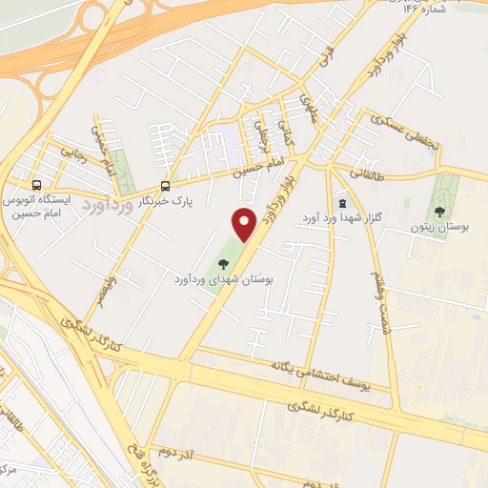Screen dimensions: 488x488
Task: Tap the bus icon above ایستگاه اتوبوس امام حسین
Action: click(x=36, y=185)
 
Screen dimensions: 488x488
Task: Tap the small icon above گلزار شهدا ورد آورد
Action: click(x=342, y=204)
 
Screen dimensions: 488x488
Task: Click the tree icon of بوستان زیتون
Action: click(x=439, y=212)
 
